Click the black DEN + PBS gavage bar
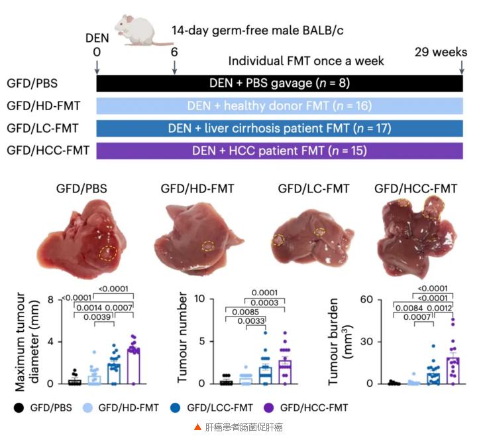[279, 83]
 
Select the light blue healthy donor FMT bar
[279, 106]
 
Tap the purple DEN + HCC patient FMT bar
[279, 151]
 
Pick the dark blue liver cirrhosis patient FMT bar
[279, 128]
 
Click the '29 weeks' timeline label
[441, 52]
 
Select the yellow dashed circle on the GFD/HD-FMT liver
[208, 246]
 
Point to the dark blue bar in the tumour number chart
[264, 375]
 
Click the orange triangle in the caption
[197, 427]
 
